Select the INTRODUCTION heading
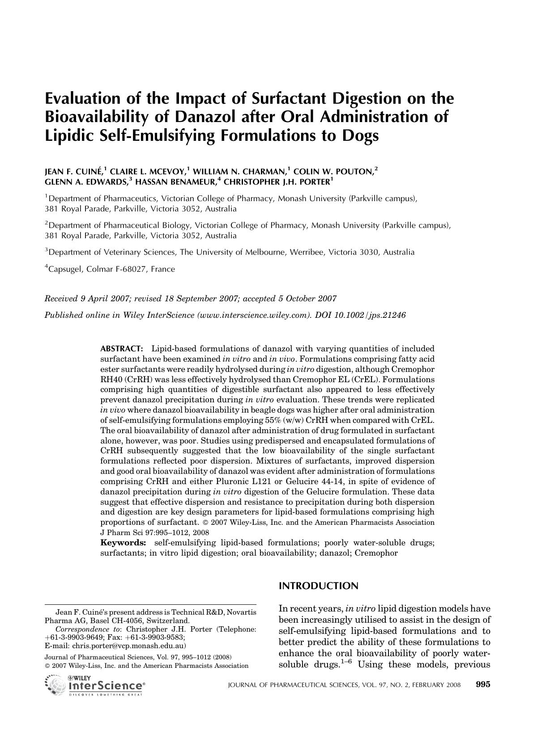click(318, 586)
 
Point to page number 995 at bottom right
click(483, 684)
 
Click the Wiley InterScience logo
click(95, 685)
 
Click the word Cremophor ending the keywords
click(376, 553)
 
